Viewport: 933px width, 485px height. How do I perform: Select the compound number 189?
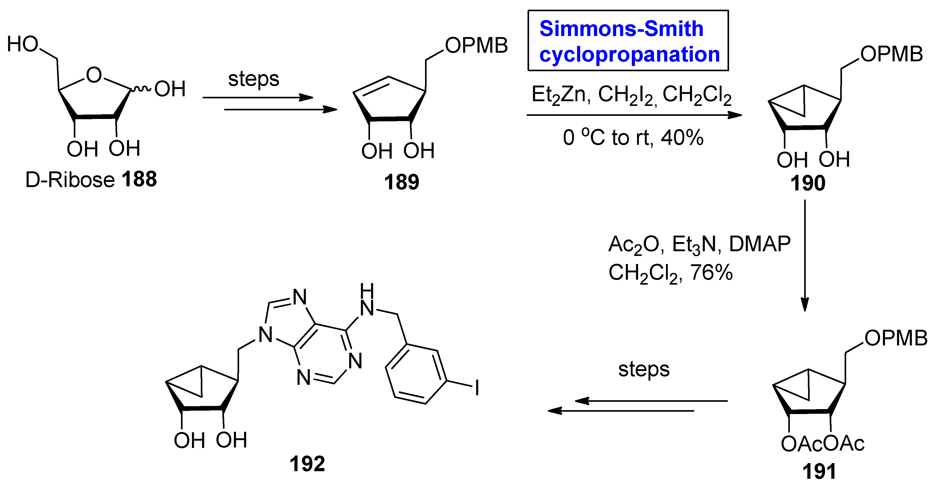coord(401,182)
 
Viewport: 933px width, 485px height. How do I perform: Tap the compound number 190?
coord(808,183)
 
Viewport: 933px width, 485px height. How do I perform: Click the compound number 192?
coord(307,464)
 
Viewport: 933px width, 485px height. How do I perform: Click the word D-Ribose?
coord(70,180)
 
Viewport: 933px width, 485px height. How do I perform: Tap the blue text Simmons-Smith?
coord(621,29)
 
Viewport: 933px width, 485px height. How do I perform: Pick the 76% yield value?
coord(711,273)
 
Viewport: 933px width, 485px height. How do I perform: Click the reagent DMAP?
coord(760,244)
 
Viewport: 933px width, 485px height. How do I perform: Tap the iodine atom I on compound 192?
coord(477,387)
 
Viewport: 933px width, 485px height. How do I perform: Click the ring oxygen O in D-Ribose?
coord(94,75)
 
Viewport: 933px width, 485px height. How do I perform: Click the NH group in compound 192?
coord(367,302)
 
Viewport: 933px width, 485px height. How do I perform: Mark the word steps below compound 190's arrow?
coord(644,370)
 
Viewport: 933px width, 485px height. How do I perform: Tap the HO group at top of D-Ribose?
coord(22,44)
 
